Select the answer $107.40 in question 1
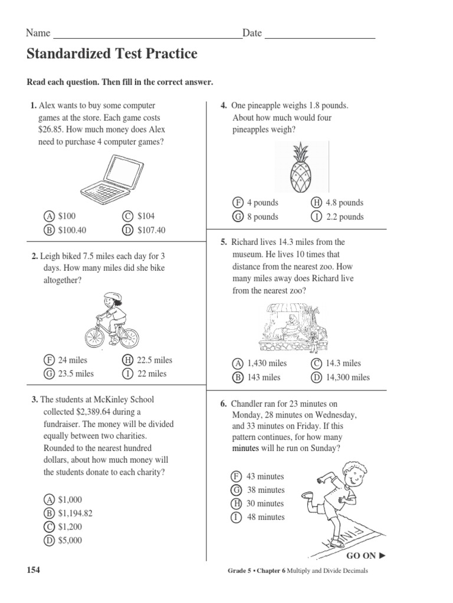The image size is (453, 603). click(x=151, y=230)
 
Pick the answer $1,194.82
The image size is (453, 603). click(x=75, y=513)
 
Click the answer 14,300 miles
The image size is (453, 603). click(x=347, y=377)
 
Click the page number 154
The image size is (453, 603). click(x=34, y=570)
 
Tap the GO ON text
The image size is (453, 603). click(x=361, y=555)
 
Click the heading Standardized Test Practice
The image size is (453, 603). click(x=111, y=55)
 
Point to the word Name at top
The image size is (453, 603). click(x=38, y=34)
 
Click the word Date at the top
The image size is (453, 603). click(x=252, y=34)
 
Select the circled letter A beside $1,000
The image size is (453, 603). click(x=50, y=499)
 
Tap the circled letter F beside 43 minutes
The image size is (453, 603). click(x=237, y=476)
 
